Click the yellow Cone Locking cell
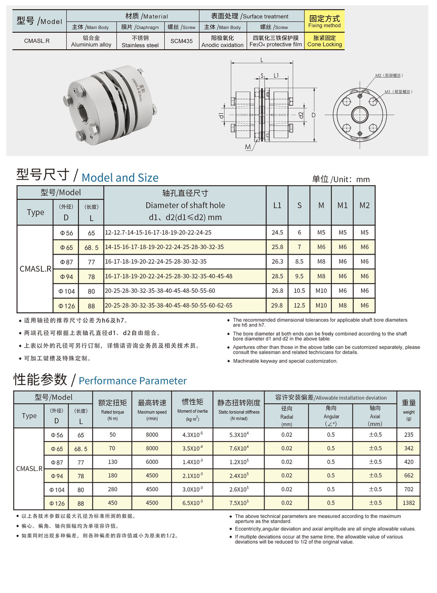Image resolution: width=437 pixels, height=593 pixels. click(x=324, y=41)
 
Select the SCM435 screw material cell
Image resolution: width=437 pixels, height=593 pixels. click(x=181, y=41)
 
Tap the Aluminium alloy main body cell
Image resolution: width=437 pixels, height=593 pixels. click(x=91, y=41)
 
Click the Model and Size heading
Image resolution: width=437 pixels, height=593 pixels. click(x=120, y=178)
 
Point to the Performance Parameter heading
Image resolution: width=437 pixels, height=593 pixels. click(x=132, y=381)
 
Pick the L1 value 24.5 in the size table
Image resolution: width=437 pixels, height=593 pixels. click(x=277, y=233)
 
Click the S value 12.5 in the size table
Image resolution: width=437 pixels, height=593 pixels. click(x=299, y=305)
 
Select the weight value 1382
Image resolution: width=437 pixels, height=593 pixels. click(x=408, y=503)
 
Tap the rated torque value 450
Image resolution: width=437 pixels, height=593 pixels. click(x=113, y=503)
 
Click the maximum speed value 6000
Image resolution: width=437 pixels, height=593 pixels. click(x=152, y=462)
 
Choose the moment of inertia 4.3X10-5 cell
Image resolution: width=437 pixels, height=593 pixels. click(x=192, y=435)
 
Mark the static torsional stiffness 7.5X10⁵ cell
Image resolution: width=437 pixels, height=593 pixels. click(x=239, y=503)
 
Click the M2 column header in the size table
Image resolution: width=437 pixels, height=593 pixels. click(x=364, y=205)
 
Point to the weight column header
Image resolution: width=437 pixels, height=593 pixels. click(x=408, y=408)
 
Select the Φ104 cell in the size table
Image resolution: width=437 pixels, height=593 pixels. click(x=67, y=291)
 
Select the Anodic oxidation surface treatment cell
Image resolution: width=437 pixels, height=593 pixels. click(x=223, y=41)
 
